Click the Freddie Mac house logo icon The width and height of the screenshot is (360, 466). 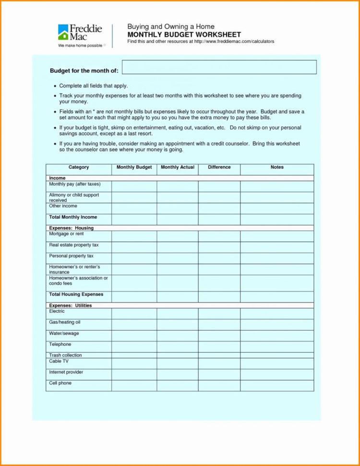[x=63, y=33]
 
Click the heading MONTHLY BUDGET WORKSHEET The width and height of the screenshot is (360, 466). [x=184, y=35]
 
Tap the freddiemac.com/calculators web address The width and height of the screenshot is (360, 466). [x=234, y=42]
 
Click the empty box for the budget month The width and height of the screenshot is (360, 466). [x=219, y=67]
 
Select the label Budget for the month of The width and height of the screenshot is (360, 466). [x=84, y=71]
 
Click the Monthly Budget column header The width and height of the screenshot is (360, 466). [x=134, y=167]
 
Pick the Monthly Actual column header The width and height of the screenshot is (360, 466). [x=178, y=167]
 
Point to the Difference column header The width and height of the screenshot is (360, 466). [x=219, y=167]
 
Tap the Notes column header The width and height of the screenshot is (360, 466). [x=277, y=167]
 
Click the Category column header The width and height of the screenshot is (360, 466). [x=79, y=167]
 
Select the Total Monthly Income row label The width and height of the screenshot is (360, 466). [x=73, y=217]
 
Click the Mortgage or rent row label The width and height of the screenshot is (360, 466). [x=66, y=233]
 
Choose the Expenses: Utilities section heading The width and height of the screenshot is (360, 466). [x=70, y=306]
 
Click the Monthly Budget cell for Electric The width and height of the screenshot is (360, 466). [x=134, y=313]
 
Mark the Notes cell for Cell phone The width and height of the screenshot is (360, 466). [x=277, y=385]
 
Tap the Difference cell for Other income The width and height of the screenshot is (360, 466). [x=219, y=208]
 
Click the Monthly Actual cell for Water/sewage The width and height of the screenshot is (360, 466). [x=178, y=335]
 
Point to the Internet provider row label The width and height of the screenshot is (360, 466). [x=66, y=372]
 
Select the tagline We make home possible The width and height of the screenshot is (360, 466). [x=80, y=45]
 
